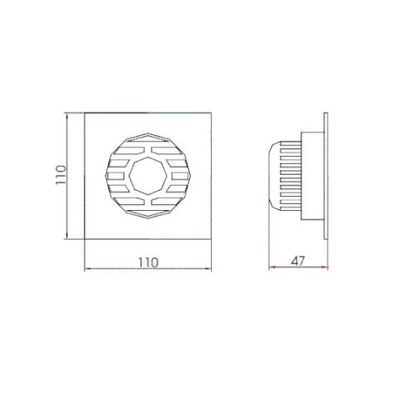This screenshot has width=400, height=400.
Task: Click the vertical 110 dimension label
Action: pos(61,175)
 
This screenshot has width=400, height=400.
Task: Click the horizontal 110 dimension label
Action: pos(148,262)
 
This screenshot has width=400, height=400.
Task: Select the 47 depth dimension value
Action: pos(298,261)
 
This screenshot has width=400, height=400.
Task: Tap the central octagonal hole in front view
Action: pos(148,176)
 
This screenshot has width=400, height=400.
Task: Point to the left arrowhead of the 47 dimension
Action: pos(272,267)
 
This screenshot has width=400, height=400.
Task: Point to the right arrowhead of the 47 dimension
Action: pos(325,267)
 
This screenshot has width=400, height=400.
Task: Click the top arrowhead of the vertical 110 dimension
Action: pos(67,116)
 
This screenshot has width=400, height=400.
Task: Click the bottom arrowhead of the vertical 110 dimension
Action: pos(67,236)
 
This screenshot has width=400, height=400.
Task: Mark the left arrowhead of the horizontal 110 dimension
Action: pos(87,268)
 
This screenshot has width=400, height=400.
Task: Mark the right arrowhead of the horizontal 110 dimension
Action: pos(208,268)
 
